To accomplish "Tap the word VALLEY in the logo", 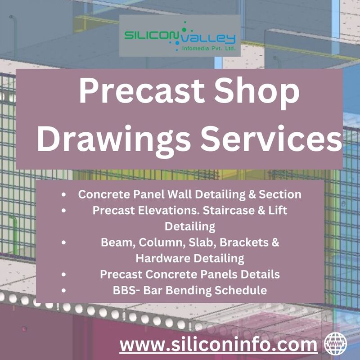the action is tap(208, 39).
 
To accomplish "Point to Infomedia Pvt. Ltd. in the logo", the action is tap(209, 49).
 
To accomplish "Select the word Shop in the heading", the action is tap(257, 93).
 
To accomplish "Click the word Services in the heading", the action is tap(271, 139).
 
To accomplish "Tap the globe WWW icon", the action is tap(335, 343).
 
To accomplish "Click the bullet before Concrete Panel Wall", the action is tap(63, 195).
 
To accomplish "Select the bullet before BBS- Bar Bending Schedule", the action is tap(63, 290).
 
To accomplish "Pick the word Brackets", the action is tap(244, 243).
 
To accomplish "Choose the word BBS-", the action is tap(127, 290).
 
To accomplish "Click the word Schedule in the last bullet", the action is tap(241, 290).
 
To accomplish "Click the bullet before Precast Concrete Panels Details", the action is tap(63, 274).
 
